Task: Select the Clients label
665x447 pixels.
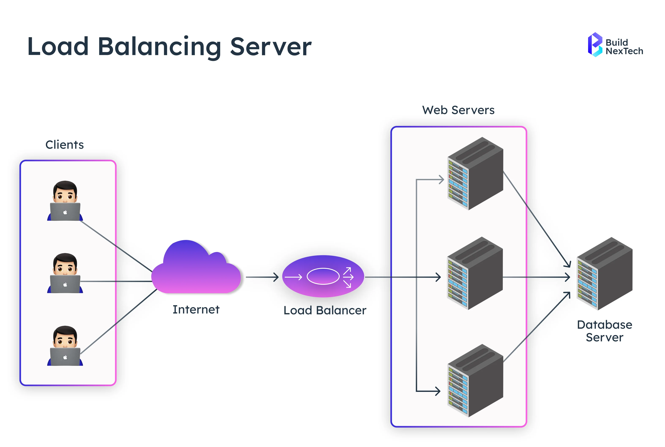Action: pos(64,145)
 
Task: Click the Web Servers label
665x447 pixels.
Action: pos(458,110)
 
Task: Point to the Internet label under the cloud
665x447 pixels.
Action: pos(196,310)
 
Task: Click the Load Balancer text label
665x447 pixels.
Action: pos(325,311)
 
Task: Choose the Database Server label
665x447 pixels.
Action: pos(604,331)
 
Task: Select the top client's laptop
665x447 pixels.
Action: pos(65,211)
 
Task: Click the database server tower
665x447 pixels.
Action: pos(604,274)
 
